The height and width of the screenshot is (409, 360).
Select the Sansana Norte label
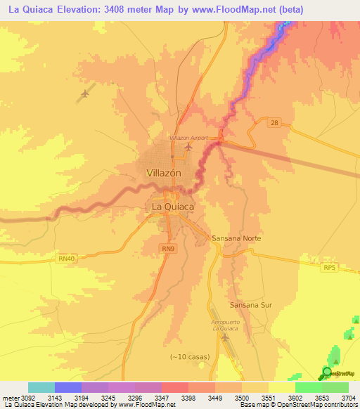[x=236, y=238]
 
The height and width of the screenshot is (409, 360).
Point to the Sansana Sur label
[x=250, y=305]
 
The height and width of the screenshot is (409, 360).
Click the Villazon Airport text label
[x=188, y=138]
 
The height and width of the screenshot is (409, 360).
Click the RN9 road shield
[x=167, y=249]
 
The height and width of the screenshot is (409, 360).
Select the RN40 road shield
[x=66, y=259]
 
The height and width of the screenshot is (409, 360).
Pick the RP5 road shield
[x=330, y=268]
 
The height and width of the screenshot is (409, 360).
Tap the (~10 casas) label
[x=189, y=357]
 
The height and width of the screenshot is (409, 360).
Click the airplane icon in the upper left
[x=86, y=93]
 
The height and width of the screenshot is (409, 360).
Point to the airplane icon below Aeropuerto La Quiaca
[x=226, y=338]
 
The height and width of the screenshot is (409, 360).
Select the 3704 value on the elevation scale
[x=348, y=398]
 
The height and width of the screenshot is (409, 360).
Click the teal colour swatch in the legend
[x=41, y=387]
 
